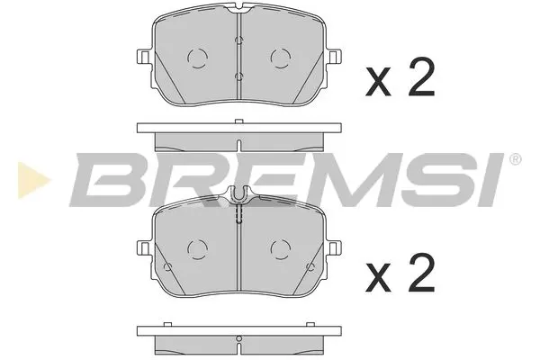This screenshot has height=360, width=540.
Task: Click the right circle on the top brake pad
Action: pyautogui.click(x=280, y=58)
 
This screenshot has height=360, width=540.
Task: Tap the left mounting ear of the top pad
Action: pyautogui.click(x=143, y=57)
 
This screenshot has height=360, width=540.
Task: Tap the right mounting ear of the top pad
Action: pyautogui.click(x=335, y=57)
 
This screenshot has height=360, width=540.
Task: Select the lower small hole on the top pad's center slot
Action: pyautogui.click(x=238, y=77)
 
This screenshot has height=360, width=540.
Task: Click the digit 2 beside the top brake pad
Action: pyautogui.click(x=420, y=80)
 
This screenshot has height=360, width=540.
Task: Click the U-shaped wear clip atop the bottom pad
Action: pyautogui.click(x=239, y=193)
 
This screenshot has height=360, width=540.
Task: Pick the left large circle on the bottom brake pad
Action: pyautogui.click(x=198, y=248)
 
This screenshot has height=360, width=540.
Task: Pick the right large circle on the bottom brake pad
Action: pyautogui.click(x=280, y=248)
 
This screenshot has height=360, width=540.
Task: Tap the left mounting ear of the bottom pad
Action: pyautogui.click(x=143, y=247)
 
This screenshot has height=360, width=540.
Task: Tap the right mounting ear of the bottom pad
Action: pyautogui.click(x=335, y=247)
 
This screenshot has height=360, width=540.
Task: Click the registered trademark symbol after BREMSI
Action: pyautogui.click(x=515, y=160)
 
